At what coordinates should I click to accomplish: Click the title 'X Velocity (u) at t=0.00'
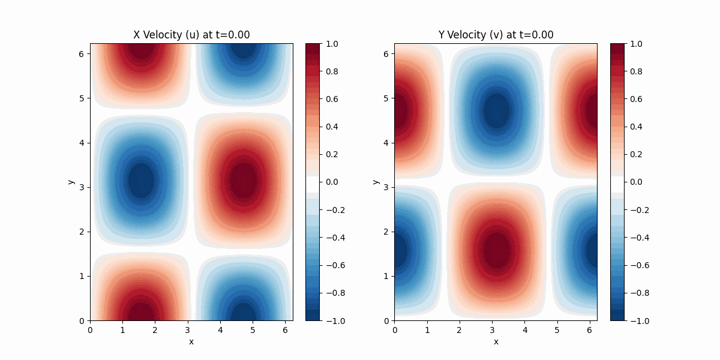coord(191,35)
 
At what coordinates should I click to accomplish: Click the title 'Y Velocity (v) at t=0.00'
coord(496,35)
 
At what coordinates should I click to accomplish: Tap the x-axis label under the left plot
coord(191,341)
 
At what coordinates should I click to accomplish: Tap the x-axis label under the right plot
coord(496,341)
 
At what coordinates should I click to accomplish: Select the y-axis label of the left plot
coord(71,182)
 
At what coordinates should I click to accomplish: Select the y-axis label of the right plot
coord(376,182)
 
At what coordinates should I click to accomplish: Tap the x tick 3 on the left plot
coord(188,329)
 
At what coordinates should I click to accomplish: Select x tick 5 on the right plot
coord(557,329)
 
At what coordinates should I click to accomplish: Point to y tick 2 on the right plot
coord(386,232)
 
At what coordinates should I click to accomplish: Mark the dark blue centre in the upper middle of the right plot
coord(496,112)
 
